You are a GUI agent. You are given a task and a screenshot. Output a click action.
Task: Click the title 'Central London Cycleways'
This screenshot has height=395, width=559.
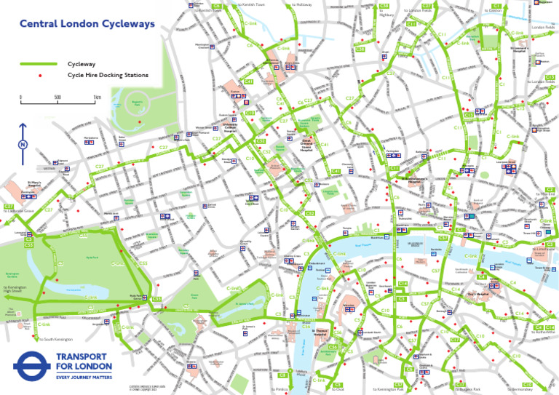pyautogui.click(x=87, y=24)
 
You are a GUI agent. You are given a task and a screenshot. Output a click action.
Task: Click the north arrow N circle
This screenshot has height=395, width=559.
pyautogui.click(x=23, y=145)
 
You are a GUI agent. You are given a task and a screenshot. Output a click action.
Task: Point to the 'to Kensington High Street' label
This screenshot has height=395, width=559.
pyautogui.click(x=15, y=290)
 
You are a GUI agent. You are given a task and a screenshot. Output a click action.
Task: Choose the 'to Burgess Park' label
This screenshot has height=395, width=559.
pyautogui.click(x=467, y=390)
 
